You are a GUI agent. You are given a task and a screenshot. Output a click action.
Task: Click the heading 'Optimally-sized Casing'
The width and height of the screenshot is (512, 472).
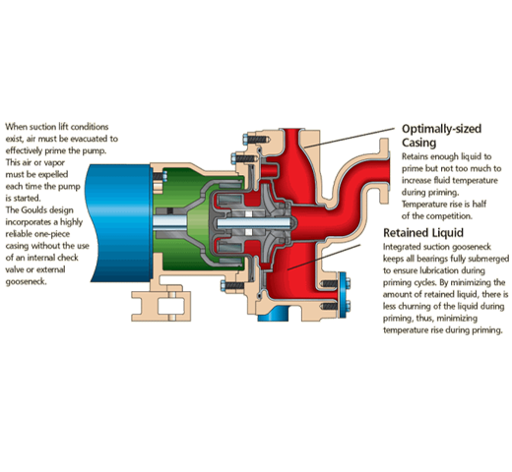(441, 136)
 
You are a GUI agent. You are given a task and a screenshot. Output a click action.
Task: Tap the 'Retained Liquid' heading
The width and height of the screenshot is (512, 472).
(423, 233)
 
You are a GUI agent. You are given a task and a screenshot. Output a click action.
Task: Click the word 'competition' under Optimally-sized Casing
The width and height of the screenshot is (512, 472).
(453, 216)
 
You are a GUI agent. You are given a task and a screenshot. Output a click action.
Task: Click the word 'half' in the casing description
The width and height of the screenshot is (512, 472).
(479, 204)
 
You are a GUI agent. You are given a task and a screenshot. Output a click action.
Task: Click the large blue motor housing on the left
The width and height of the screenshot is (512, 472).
(119, 223)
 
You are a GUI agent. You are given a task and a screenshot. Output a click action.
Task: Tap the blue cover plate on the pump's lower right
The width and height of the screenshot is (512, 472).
(343, 294)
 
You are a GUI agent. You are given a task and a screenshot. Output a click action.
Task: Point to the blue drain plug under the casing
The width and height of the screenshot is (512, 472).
(273, 314)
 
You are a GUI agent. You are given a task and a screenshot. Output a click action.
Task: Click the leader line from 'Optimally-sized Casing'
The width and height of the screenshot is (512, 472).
(350, 138)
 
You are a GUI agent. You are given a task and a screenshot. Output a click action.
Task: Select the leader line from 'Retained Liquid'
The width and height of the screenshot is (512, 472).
(324, 257)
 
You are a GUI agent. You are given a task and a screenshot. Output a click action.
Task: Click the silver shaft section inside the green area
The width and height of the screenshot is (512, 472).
(170, 222)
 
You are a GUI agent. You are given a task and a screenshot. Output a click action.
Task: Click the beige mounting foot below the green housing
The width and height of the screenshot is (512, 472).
(161, 303)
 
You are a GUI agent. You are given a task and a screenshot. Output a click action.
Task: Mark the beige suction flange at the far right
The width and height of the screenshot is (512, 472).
(384, 170)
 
